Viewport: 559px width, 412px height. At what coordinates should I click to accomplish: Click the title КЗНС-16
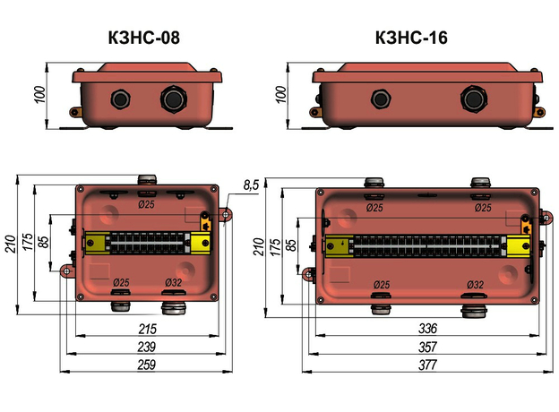pyautogui.click(x=411, y=37)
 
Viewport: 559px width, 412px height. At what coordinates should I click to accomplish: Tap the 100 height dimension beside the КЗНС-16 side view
pyautogui.click(x=281, y=92)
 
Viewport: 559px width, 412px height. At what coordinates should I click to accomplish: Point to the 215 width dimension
pyautogui.click(x=146, y=329)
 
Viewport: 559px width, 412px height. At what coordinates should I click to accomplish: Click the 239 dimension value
pyautogui.click(x=146, y=346)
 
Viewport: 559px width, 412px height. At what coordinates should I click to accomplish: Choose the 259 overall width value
pyautogui.click(x=146, y=364)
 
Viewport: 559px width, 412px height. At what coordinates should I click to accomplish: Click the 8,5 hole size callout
pyautogui.click(x=252, y=185)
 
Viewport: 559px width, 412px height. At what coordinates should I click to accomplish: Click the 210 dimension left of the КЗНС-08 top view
pyautogui.click(x=10, y=244)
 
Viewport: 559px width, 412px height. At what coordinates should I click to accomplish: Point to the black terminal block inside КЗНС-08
pyautogui.click(x=148, y=243)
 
